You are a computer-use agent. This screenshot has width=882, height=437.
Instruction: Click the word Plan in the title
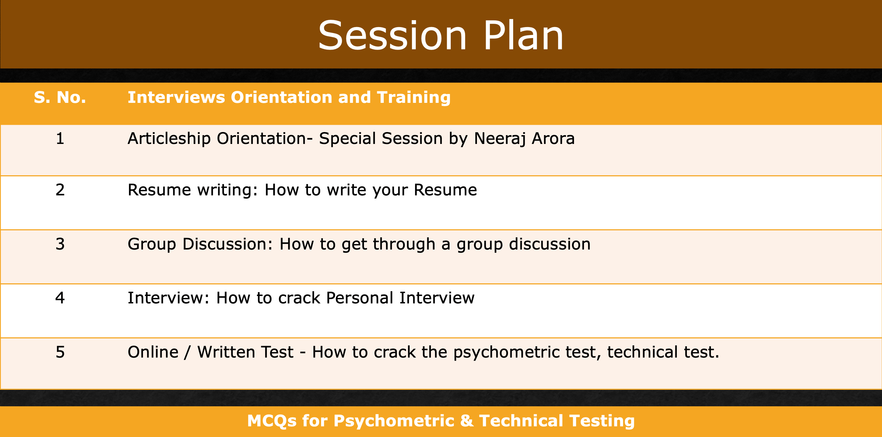point(523,35)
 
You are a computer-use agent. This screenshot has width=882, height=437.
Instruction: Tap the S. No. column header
point(60,97)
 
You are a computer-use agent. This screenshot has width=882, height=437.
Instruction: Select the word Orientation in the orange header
point(281,97)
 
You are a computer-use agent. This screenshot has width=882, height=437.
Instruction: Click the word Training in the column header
point(414,98)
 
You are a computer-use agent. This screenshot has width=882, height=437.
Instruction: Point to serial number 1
point(60,138)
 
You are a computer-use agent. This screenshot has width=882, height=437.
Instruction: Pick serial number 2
point(60,190)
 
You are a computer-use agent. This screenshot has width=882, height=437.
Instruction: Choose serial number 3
point(60,244)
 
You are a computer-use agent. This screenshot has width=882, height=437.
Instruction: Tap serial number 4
point(60,298)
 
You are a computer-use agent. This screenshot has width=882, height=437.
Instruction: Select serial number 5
point(60,352)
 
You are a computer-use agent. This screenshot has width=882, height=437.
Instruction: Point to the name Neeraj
point(500,139)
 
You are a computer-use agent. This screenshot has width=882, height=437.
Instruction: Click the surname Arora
point(553,138)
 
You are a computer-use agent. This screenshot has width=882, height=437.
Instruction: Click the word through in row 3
point(404,245)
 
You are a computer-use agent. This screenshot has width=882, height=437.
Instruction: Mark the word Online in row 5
point(153,352)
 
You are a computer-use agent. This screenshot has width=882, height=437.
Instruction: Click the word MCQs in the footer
point(272,421)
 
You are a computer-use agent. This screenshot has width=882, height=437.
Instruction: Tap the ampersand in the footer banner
point(467,421)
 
